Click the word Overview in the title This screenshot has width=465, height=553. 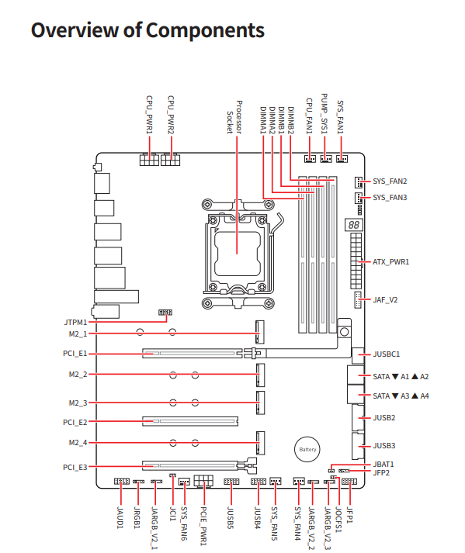click(x=75, y=30)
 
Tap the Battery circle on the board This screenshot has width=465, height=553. click(x=307, y=449)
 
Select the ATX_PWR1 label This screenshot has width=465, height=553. click(x=390, y=262)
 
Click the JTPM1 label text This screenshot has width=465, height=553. click(x=75, y=323)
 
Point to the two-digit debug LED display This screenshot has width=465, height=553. click(x=354, y=225)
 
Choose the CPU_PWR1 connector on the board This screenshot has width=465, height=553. click(x=149, y=160)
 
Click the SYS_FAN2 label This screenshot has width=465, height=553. click(x=390, y=181)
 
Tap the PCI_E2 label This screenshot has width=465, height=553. click(x=75, y=422)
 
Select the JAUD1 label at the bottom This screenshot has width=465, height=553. click(x=120, y=517)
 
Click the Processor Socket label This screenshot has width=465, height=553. click(x=234, y=117)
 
